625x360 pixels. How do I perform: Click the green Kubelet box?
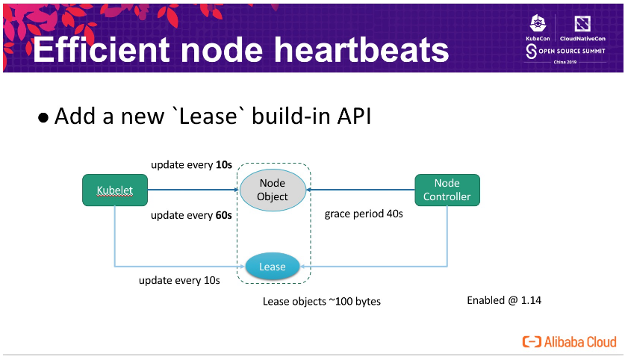point(114,190)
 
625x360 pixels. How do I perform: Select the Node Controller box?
point(447,190)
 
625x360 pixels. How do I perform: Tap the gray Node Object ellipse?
point(273,190)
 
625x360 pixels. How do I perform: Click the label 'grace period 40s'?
point(364,214)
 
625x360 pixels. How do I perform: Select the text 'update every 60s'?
point(191,215)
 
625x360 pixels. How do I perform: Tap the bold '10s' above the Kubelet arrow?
point(223,164)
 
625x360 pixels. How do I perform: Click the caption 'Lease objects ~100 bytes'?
point(321,302)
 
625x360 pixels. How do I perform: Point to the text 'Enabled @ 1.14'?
point(504,300)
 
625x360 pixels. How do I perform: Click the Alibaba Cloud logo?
point(570,341)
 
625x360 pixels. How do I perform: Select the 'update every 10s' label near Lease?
point(179,281)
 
